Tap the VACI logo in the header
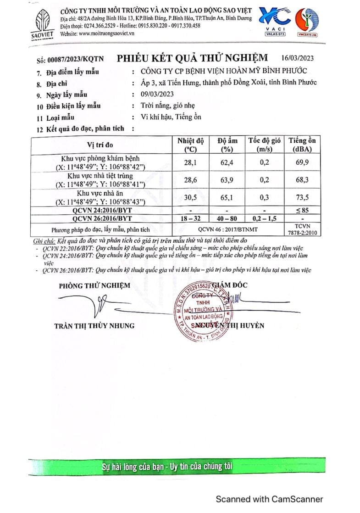(x=275, y=21)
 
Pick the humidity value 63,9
(x=225, y=181)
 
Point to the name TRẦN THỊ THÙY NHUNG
(x=94, y=326)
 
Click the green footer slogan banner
(x=167, y=467)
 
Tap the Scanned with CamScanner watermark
(x=270, y=499)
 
